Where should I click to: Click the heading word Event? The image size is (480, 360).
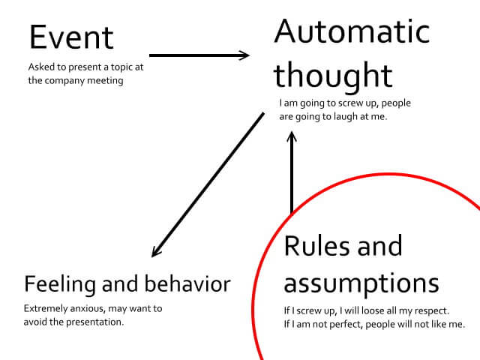click(x=71, y=37)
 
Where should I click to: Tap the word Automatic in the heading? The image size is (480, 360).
click(x=352, y=31)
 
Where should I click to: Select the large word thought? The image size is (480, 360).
click(x=333, y=76)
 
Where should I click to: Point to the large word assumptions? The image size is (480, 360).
click(x=361, y=283)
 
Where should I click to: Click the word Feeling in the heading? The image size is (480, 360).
click(x=60, y=284)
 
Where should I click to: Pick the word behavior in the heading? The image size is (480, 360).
click(x=187, y=283)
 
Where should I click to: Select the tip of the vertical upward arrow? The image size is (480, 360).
click(x=292, y=132)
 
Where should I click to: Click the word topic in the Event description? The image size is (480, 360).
click(x=121, y=67)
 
